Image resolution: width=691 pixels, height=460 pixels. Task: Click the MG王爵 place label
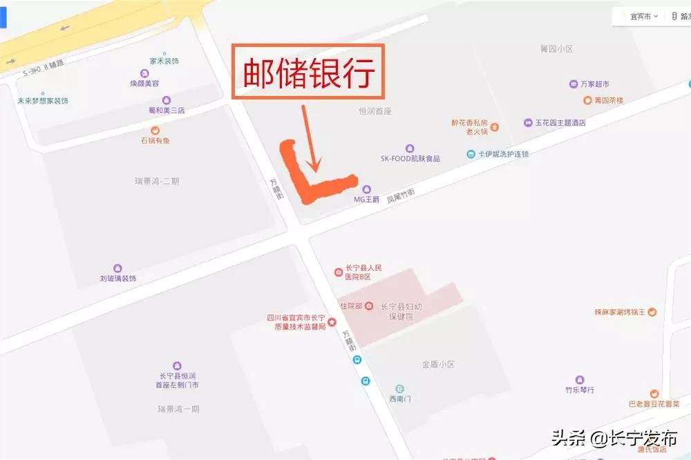tap(367, 198)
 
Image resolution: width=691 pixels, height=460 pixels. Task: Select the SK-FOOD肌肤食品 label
tap(410, 157)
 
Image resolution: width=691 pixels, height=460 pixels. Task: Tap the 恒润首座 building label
tap(375, 110)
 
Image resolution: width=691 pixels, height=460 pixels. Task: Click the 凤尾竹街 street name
tap(401, 196)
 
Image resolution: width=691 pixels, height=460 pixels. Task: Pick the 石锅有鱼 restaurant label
tap(155, 140)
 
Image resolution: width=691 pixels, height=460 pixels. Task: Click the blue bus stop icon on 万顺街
tap(365, 381)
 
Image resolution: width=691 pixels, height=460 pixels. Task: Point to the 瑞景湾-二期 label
tap(157, 181)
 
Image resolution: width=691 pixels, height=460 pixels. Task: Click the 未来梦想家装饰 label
tap(43, 101)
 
